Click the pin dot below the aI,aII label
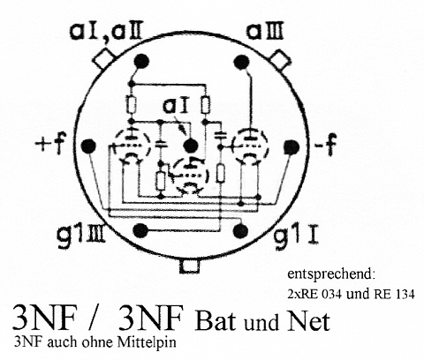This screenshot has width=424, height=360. click(141, 62)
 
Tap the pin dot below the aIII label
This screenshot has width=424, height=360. click(241, 63)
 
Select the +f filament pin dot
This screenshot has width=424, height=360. click(88, 146)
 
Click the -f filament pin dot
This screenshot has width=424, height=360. click(291, 147)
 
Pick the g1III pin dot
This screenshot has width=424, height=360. click(140, 230)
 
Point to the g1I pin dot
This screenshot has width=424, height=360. click(240, 230)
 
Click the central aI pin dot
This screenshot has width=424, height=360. click(191, 146)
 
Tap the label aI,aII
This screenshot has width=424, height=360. click(106, 32)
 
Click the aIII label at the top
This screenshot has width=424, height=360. click(265, 32)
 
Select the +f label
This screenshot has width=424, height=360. click(50, 144)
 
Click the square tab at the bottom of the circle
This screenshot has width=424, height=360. click(189, 266)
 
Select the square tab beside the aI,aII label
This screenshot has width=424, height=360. click(103, 59)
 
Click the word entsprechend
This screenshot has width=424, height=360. click(331, 274)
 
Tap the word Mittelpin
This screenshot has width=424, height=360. click(147, 342)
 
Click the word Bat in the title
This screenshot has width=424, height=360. click(216, 321)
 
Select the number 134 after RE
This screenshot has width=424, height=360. click(403, 294)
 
